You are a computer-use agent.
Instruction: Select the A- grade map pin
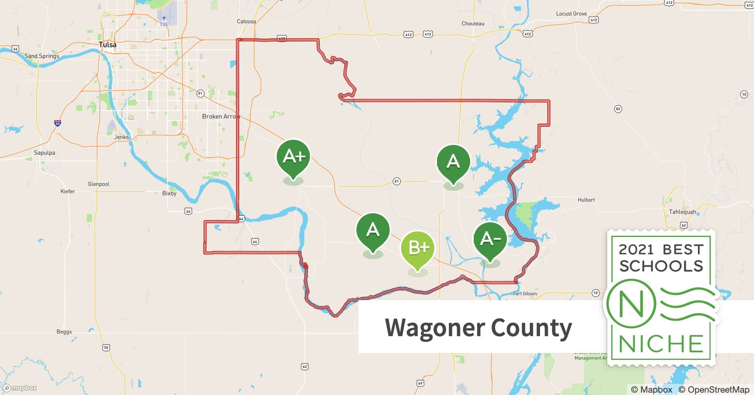coord(490,239)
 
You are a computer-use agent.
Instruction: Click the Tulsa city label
coord(107,45)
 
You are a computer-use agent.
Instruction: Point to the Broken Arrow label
coord(221,117)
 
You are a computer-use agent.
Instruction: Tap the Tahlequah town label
coord(683,212)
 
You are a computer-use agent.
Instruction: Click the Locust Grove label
coord(571,13)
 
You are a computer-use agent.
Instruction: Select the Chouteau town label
coord(473,23)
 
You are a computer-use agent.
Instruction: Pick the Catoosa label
coord(246,21)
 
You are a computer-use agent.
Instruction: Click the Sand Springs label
coord(42,56)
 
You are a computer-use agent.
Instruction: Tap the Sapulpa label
coord(45,153)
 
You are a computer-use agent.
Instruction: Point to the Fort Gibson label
coord(525,293)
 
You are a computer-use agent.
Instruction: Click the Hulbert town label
coord(586,200)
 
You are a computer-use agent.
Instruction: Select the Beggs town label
coord(64,332)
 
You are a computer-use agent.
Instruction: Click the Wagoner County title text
coord(478,328)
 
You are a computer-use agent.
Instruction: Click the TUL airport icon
coord(164,18)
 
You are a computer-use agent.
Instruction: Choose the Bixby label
coord(169,194)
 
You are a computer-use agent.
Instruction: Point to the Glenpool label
coord(99,184)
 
